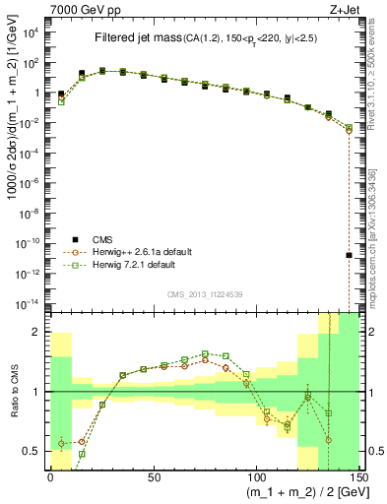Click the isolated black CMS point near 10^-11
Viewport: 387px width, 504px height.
[350, 255]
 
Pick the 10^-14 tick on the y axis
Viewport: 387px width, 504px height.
[32, 302]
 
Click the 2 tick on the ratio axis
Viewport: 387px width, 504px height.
[37, 333]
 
